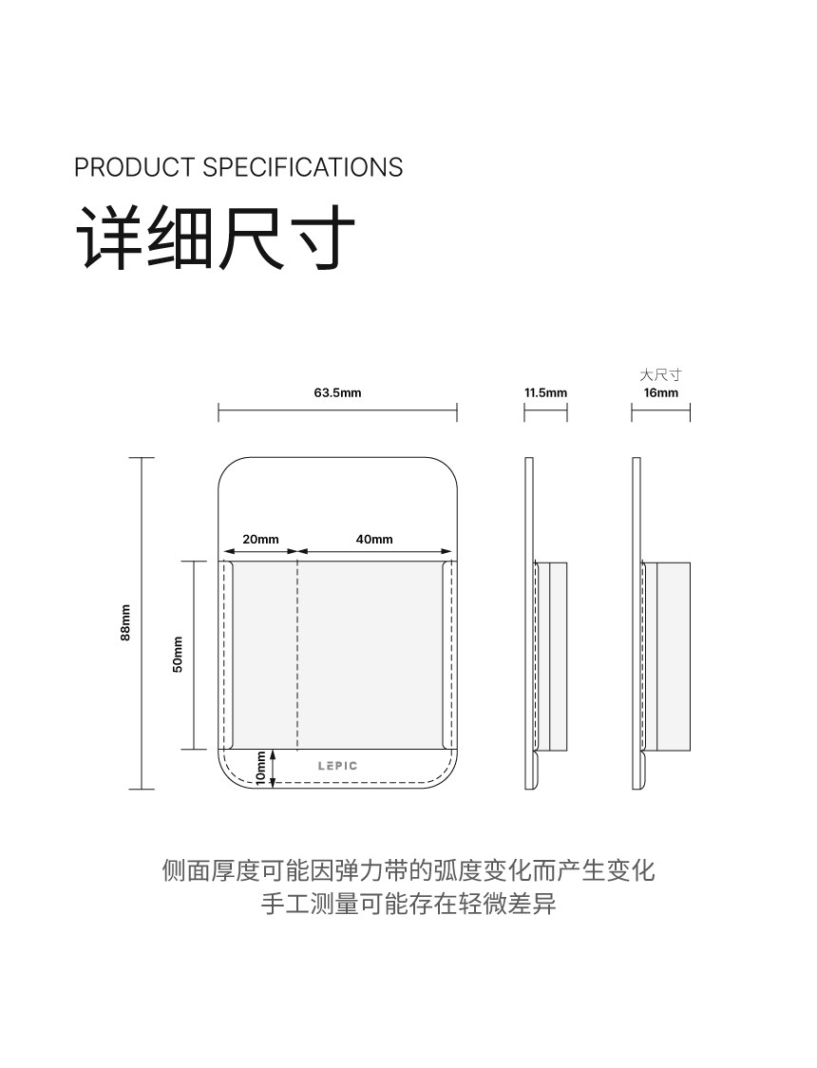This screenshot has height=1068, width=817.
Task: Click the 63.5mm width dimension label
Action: click(337, 392)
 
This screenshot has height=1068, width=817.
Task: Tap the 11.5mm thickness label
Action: click(545, 392)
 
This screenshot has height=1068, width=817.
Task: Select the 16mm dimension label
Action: click(661, 392)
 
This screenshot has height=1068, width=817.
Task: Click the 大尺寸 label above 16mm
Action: click(661, 375)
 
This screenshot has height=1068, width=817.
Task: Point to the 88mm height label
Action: click(125, 623)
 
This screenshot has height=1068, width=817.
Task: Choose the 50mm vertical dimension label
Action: click(178, 655)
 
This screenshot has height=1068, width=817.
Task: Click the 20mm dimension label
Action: click(260, 539)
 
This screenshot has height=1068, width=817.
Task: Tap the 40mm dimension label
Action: click(374, 539)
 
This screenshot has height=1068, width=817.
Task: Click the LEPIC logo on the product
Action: click(338, 765)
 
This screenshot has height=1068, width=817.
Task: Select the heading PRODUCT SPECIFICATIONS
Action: click(238, 167)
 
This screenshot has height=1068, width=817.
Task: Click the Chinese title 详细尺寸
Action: click(216, 237)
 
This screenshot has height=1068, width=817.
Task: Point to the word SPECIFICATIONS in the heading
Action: click(303, 167)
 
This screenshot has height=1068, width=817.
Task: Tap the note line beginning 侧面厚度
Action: click(408, 869)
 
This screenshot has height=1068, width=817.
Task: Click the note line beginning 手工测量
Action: click(408, 904)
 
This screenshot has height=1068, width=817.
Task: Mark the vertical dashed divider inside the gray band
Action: click(298, 655)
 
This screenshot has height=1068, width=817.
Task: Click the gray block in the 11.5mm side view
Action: click(558, 655)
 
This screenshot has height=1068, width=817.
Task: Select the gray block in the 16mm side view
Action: click(674, 655)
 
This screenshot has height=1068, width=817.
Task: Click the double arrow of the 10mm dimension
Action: click(274, 768)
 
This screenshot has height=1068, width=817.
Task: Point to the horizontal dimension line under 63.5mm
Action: click(337, 412)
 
